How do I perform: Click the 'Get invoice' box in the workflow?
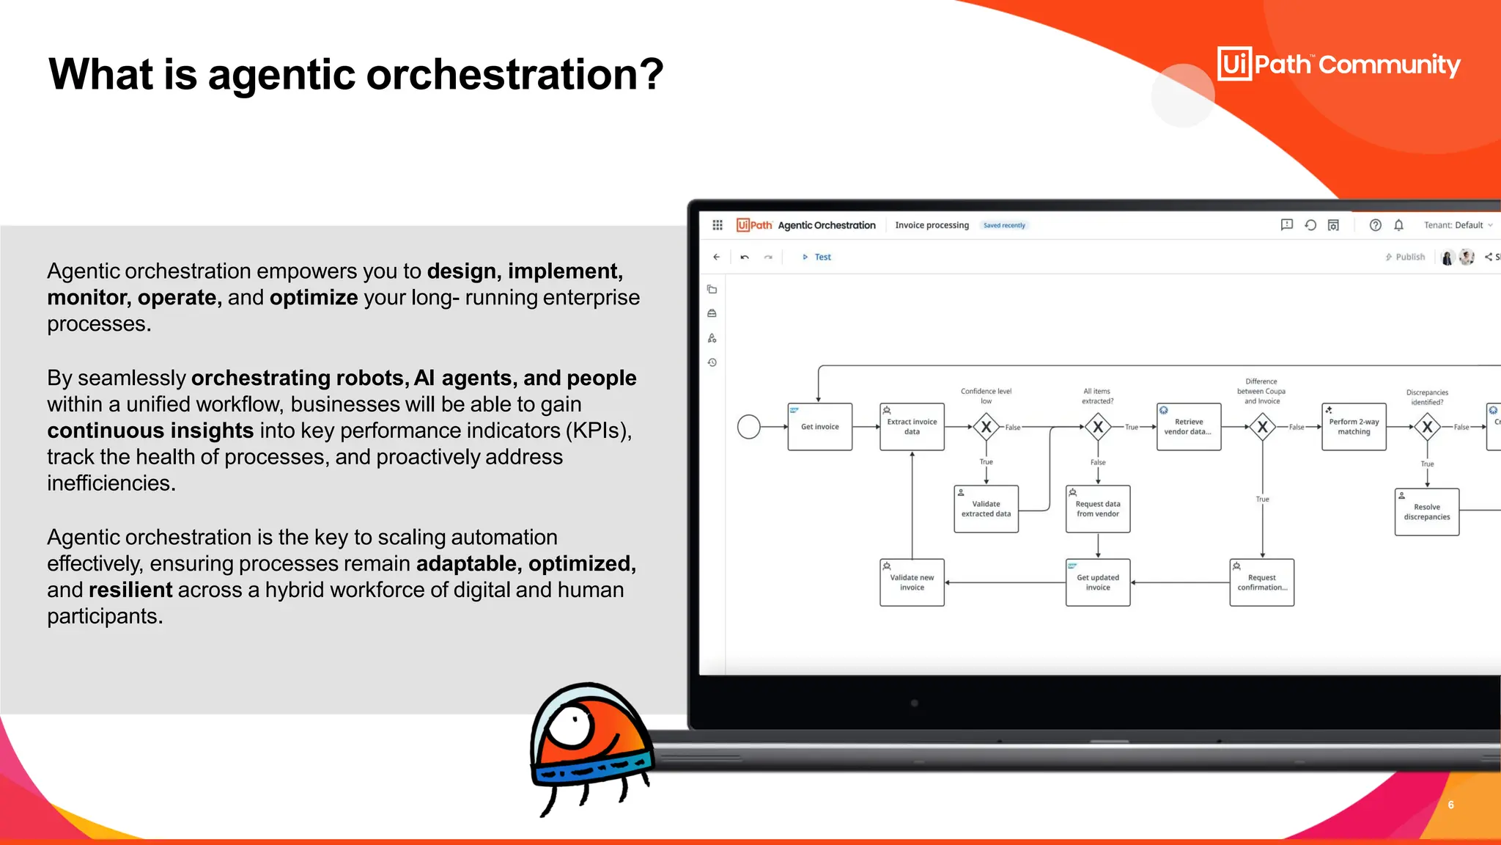[x=819, y=427]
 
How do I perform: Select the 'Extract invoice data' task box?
[x=912, y=427]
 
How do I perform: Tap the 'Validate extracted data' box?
[x=986, y=509]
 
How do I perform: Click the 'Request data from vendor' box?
[x=1097, y=509]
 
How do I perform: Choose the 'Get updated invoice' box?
[x=1097, y=582]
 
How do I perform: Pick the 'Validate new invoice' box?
[x=912, y=582]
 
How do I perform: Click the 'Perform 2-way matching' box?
[x=1353, y=427]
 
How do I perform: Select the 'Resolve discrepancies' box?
[x=1426, y=512]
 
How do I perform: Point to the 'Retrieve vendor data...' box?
[x=1188, y=427]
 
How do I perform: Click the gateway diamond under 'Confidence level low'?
[x=986, y=427]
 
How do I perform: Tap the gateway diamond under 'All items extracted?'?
[x=1097, y=427]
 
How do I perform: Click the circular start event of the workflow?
[x=748, y=427]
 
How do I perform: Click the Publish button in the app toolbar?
[x=1405, y=257]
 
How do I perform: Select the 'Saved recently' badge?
[x=1004, y=225]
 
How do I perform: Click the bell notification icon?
[x=1398, y=225]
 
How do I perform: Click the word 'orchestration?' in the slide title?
[x=515, y=75]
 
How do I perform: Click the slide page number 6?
[x=1450, y=805]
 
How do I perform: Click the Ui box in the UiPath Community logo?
[x=1234, y=65]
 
